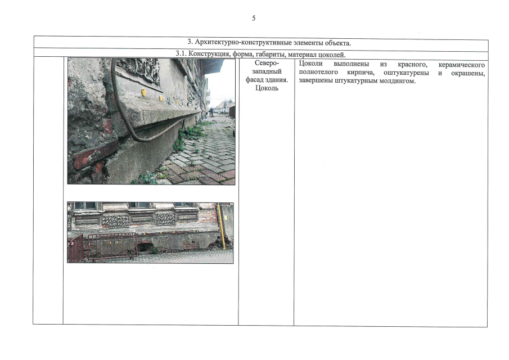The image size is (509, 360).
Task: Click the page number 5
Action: tap(254, 18)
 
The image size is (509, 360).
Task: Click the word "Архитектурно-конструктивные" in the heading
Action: tap(244, 43)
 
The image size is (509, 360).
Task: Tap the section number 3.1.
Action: tap(181, 53)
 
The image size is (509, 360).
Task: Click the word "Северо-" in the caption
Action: tap(267, 63)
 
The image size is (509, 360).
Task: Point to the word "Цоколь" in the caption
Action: tap(267, 88)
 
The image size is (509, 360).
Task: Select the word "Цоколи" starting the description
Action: tap(310, 64)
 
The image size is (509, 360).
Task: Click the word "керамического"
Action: tap(462, 65)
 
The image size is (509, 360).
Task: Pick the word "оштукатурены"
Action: tap(406, 73)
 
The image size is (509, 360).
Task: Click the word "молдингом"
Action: tap(397, 81)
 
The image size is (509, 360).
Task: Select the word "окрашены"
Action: tap(468, 73)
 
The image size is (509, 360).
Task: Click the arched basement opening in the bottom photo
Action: tap(144, 247)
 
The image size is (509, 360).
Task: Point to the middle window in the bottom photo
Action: tap(140, 205)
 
